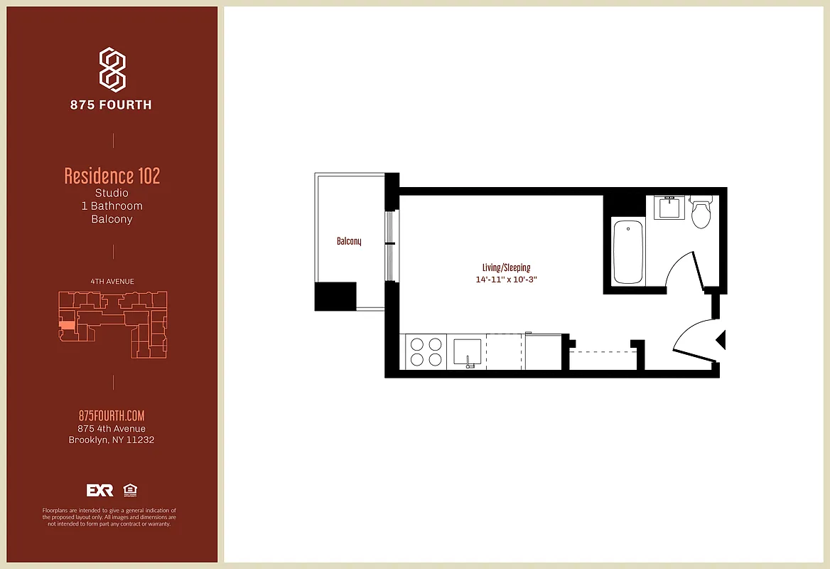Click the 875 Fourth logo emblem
(112, 70)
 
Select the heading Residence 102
(112, 176)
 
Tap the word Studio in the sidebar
(112, 193)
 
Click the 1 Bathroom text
(112, 206)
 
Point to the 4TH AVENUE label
(112, 282)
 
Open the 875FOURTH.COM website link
(112, 416)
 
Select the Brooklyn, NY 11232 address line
(112, 440)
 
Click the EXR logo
(100, 490)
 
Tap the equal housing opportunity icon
(129, 490)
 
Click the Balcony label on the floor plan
(349, 241)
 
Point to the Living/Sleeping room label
(506, 267)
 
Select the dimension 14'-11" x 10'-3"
(506, 280)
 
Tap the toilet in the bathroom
(701, 213)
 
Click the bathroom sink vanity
(669, 208)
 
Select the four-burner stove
(425, 351)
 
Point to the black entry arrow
(721, 341)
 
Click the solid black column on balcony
(335, 296)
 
